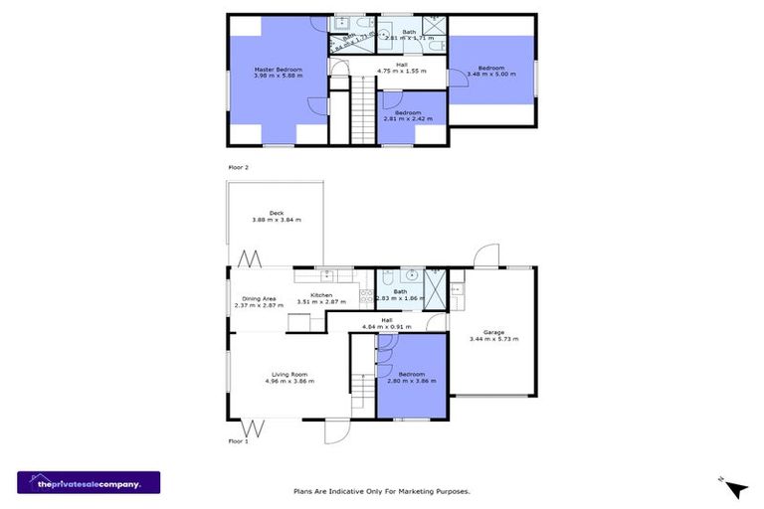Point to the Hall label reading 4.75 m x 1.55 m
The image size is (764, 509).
pos(401,69)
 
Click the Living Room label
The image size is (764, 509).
pos(288,378)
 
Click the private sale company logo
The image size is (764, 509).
pos(89,482)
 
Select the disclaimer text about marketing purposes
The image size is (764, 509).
pos(382,490)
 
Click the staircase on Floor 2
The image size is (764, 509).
pos(364,108)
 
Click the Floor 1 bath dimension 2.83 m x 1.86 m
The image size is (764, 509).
pos(400,298)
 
